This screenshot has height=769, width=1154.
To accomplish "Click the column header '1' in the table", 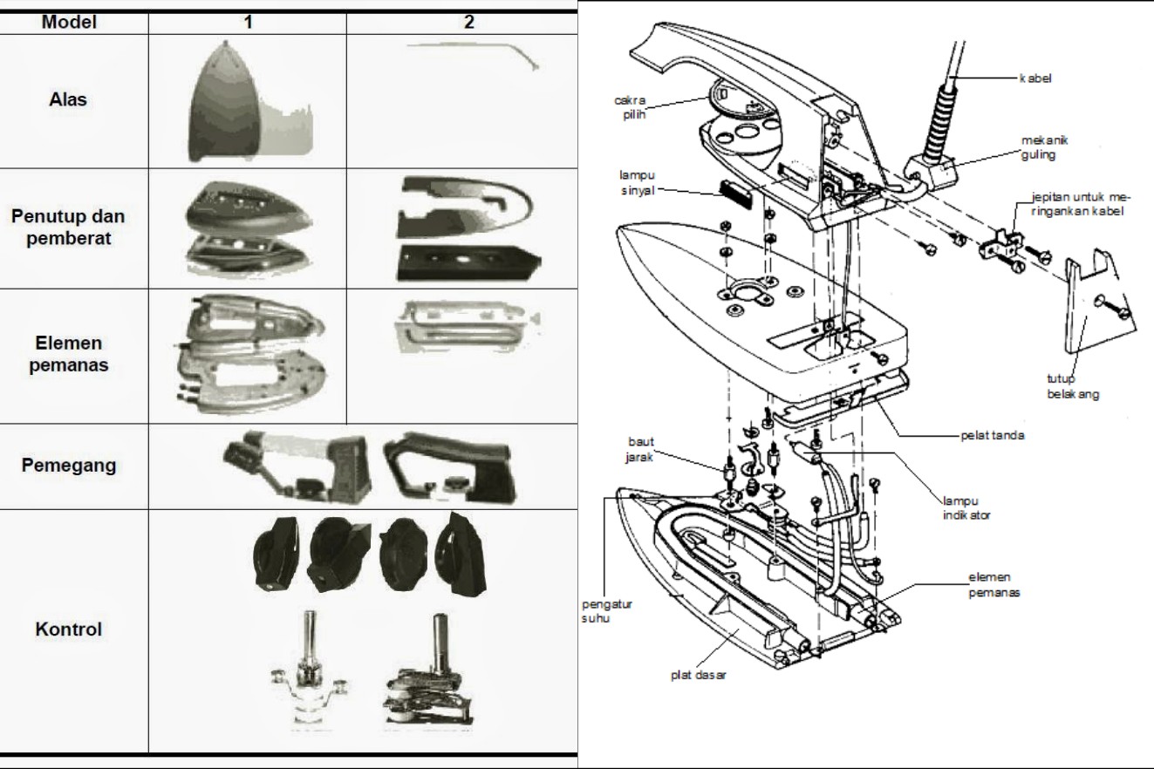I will pos(248,23).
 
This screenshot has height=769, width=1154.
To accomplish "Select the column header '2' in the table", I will pos(469,23).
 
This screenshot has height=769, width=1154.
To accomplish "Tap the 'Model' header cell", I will pos(69,23).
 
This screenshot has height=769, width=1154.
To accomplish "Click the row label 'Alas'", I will pos(68,99).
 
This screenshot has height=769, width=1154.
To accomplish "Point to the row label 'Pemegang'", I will pos(69,464).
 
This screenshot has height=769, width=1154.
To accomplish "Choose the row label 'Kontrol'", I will pos(69,629).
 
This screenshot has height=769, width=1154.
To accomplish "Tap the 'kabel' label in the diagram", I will pos(1035,79).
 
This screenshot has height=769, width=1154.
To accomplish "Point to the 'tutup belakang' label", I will pos(1073,386).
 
